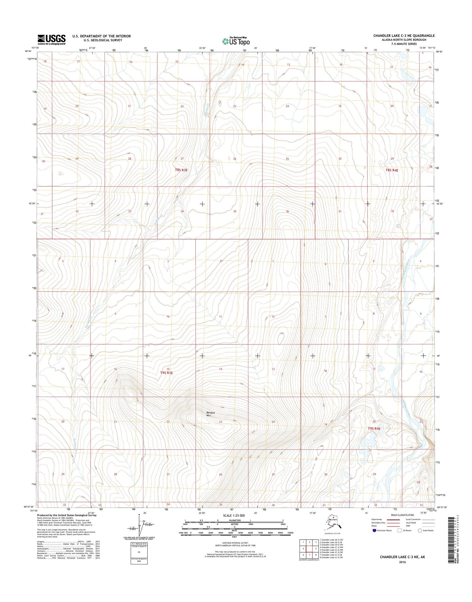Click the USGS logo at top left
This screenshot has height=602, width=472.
[x=52, y=39]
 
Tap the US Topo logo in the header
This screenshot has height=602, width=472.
[x=236, y=41]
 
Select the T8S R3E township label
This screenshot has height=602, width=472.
[x=181, y=170]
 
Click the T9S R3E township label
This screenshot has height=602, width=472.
[x=166, y=373]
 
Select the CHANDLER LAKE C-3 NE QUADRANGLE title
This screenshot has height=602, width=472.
[x=404, y=36]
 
